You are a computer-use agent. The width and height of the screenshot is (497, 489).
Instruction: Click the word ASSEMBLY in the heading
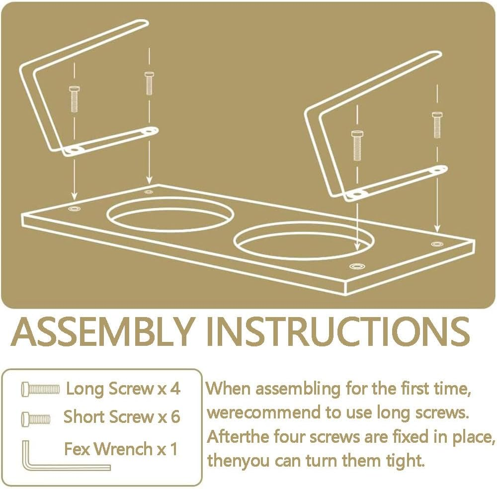[102, 331]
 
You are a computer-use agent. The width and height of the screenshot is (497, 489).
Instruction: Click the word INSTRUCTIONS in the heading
[338, 331]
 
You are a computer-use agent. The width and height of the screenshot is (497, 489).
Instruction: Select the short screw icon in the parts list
[35, 419]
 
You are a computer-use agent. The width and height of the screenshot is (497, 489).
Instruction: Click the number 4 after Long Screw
[174, 389]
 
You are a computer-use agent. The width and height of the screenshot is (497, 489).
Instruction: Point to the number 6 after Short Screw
[175, 416]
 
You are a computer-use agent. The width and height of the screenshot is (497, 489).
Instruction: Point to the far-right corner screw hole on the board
[437, 244]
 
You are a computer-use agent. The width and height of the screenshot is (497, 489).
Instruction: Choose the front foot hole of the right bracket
[357, 193]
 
